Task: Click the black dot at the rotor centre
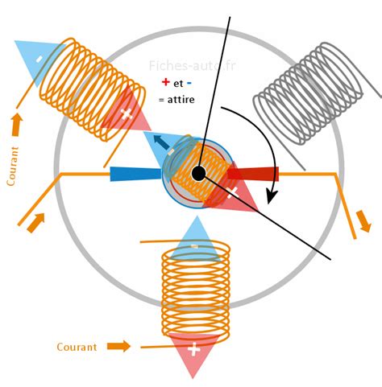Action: tap(199, 174)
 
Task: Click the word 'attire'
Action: tap(181, 100)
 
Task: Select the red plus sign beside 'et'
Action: tap(166, 82)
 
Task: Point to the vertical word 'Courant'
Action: tap(12, 167)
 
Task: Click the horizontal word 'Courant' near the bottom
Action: tap(77, 347)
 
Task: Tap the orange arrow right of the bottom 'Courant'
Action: tap(118, 346)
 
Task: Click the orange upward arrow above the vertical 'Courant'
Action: tap(17, 125)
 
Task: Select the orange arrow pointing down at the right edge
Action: tap(364, 221)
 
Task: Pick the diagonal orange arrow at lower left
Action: tap(35, 223)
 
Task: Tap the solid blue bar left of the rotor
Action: tap(135, 174)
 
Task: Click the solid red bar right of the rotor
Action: tap(253, 173)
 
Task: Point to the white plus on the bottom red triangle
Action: tap(194, 349)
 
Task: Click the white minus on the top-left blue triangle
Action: tap(39, 59)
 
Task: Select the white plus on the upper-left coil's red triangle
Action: tap(127, 113)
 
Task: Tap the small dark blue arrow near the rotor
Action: tap(162, 142)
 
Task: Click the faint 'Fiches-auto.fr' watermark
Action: tap(192, 66)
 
